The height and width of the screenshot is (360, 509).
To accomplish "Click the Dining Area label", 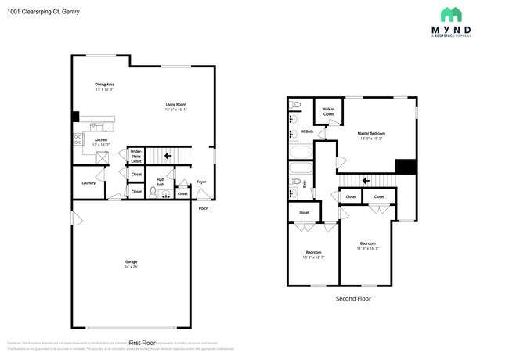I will (x=105, y=86).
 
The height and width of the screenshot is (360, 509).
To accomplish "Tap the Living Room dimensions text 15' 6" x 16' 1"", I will (x=175, y=110).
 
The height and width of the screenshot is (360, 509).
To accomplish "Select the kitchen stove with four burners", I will (x=78, y=139).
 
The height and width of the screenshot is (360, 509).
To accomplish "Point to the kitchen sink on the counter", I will (x=96, y=128).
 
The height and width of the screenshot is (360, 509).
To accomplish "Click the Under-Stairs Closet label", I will (x=136, y=156).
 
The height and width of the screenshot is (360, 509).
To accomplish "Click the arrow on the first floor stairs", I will (x=168, y=156).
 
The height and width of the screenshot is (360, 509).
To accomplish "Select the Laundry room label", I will (x=88, y=184).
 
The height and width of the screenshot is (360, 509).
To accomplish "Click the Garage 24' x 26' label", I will (x=131, y=264).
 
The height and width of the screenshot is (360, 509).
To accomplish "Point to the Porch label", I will (x=203, y=208).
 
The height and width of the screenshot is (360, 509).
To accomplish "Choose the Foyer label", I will (x=201, y=182).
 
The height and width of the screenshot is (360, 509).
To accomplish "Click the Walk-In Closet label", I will (x=328, y=112).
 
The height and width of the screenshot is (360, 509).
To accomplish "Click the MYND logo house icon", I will (x=450, y=14).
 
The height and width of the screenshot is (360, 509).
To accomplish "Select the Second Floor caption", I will (x=353, y=298).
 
